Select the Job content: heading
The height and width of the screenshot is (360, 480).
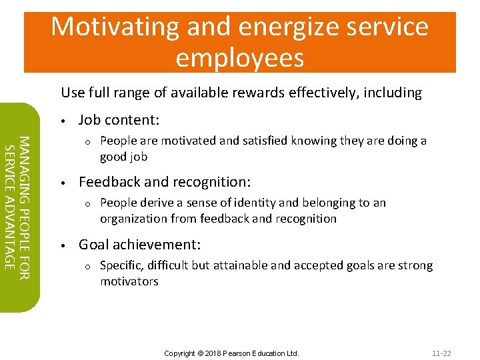click(x=119, y=120)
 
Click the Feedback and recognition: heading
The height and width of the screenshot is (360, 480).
click(x=165, y=182)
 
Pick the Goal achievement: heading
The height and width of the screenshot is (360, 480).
click(x=139, y=245)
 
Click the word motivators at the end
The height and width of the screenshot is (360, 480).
click(x=129, y=281)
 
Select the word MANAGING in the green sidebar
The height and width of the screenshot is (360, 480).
click(x=23, y=161)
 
